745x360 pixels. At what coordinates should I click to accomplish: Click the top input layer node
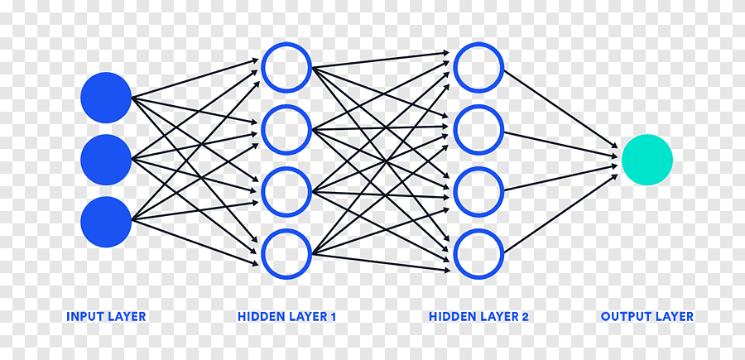tap(106, 98)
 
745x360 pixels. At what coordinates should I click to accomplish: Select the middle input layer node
tap(106, 160)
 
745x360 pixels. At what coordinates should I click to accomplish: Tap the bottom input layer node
tap(106, 222)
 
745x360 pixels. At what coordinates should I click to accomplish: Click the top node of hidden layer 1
tap(286, 67)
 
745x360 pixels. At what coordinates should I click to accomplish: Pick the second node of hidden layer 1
tap(286, 130)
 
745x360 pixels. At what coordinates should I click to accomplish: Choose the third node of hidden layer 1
tap(286, 191)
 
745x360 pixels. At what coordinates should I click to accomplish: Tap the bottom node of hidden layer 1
tap(286, 253)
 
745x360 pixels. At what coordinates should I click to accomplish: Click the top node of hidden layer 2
tap(478, 67)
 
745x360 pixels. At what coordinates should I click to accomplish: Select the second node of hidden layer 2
tap(478, 130)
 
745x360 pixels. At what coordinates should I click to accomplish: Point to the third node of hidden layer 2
tap(478, 191)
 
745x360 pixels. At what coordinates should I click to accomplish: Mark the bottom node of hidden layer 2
tap(478, 253)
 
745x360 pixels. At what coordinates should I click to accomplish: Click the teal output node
tap(647, 160)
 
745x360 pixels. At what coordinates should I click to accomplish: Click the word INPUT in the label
tap(84, 316)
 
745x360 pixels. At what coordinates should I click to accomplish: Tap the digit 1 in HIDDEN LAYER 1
tap(333, 316)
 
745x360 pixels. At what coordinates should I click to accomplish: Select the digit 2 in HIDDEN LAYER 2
tap(525, 316)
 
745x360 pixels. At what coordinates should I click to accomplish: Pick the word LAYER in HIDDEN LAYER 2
tap(497, 316)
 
